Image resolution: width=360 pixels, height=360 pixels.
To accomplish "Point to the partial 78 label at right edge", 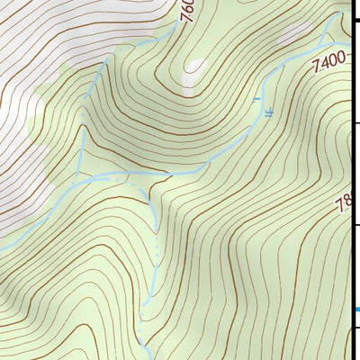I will click(343, 206).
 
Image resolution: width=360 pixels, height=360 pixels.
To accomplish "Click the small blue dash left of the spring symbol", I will click(256, 97).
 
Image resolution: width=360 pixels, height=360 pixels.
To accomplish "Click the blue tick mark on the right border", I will click(355, 310).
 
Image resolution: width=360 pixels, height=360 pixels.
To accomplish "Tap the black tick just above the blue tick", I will click(355, 224).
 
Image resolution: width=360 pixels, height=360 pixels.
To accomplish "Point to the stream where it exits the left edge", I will click(2, 248).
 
